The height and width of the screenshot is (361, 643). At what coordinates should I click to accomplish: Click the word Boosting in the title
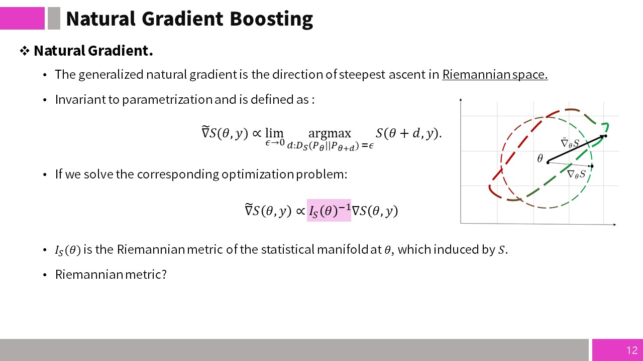[x=271, y=19]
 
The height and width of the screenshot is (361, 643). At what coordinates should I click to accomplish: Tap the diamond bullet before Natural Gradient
[x=25, y=51]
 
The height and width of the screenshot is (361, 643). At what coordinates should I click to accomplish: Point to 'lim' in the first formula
[x=274, y=133]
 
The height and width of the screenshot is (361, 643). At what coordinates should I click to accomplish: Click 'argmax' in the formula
[x=330, y=133]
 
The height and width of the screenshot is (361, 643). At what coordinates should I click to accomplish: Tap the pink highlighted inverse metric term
[x=329, y=210]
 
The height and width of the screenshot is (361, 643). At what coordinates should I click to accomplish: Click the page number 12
[x=632, y=350]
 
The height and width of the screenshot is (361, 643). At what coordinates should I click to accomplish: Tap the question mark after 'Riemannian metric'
[x=164, y=274]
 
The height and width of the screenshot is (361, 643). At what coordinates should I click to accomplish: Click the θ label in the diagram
[x=540, y=158]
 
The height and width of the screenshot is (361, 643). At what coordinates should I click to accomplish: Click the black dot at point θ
[x=548, y=162]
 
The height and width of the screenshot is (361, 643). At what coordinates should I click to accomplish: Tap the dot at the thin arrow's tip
[x=592, y=166]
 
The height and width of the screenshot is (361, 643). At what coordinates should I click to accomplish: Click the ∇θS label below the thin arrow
[x=576, y=174]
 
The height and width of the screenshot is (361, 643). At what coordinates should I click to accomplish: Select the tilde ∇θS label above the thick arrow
[x=570, y=143]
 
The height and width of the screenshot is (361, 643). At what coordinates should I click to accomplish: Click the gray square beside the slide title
[x=54, y=19]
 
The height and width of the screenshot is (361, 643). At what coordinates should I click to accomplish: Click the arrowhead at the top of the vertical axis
[x=461, y=99]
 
